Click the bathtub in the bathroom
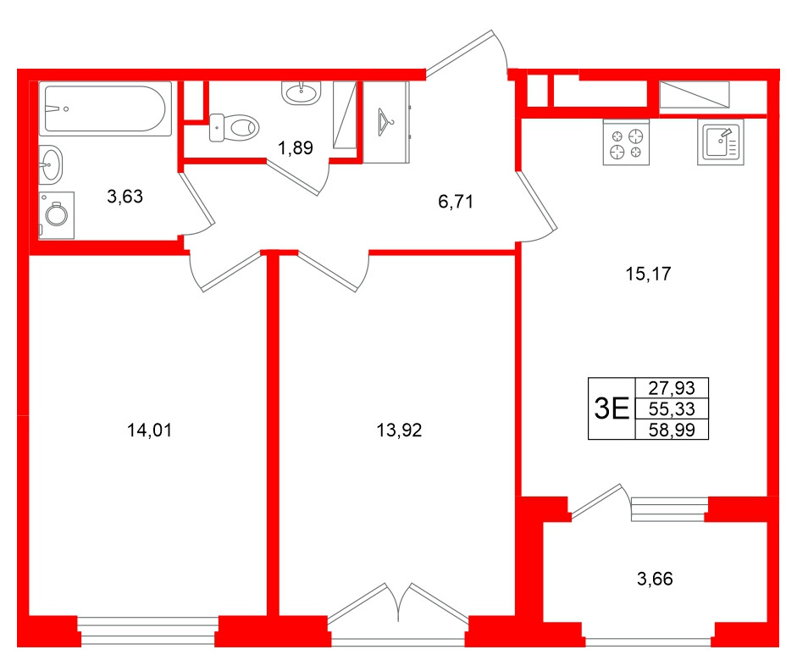pos(105,108)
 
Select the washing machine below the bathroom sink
pos(57,214)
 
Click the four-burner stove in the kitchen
pos(626,142)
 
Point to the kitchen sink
pos(721,142)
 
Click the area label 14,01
pos(149,430)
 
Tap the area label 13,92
pos(398,430)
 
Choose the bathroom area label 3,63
pos(125,197)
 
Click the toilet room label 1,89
pos(296,148)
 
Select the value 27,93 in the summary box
pos(671,388)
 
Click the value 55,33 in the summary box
pos(671,409)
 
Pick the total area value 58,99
pos(671,430)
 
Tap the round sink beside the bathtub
pos(51,164)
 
